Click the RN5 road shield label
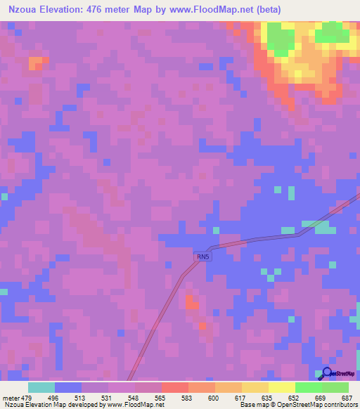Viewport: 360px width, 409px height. (203, 258)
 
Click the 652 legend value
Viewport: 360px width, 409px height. (292, 397)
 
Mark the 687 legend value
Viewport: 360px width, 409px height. (344, 397)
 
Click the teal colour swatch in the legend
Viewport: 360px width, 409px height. (41, 387)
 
